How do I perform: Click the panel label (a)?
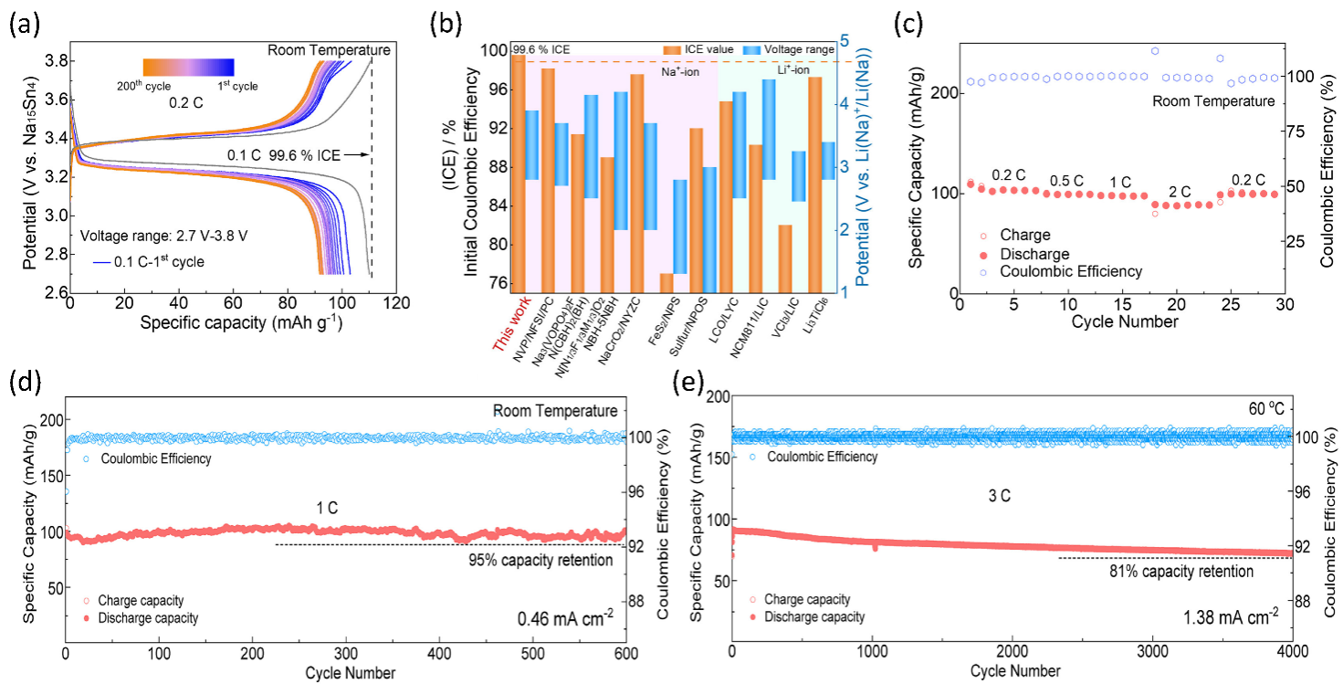tap(25, 26)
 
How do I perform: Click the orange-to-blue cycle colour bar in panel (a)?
tap(188, 67)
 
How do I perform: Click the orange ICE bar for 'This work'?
tap(519, 174)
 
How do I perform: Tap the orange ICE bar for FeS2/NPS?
tap(666, 283)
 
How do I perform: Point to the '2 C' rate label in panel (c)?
tap(1180, 192)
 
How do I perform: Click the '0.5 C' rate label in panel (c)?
tap(1066, 180)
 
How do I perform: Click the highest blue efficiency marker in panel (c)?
tap(1155, 51)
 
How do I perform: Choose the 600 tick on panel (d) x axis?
tap(625, 655)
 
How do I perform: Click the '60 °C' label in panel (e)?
tap(1263, 408)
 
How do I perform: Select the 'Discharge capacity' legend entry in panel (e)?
tap(815, 616)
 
